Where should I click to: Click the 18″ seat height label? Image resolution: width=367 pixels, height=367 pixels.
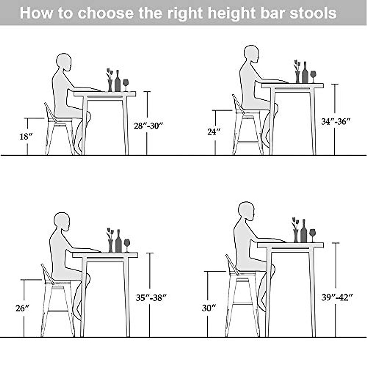tap(26, 136)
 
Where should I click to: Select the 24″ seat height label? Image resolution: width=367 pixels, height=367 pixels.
tap(214, 132)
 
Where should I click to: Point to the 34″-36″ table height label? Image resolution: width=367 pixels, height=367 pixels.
tap(335, 121)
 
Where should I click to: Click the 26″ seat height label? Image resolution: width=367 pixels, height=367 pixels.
tap(22, 308)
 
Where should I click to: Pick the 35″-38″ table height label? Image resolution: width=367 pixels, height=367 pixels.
tap(151, 297)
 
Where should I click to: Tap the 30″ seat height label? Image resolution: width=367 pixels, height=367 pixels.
tap(209, 308)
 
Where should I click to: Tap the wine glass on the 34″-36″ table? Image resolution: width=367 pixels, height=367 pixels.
tap(313, 76)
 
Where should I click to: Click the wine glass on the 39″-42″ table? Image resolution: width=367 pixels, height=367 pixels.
tap(312, 234)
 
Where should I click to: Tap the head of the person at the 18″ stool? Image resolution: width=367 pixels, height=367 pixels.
tap(64, 62)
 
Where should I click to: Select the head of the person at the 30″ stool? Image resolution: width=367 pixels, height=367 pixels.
tap(246, 210)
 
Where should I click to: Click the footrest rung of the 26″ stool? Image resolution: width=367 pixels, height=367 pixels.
tap(58, 311)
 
